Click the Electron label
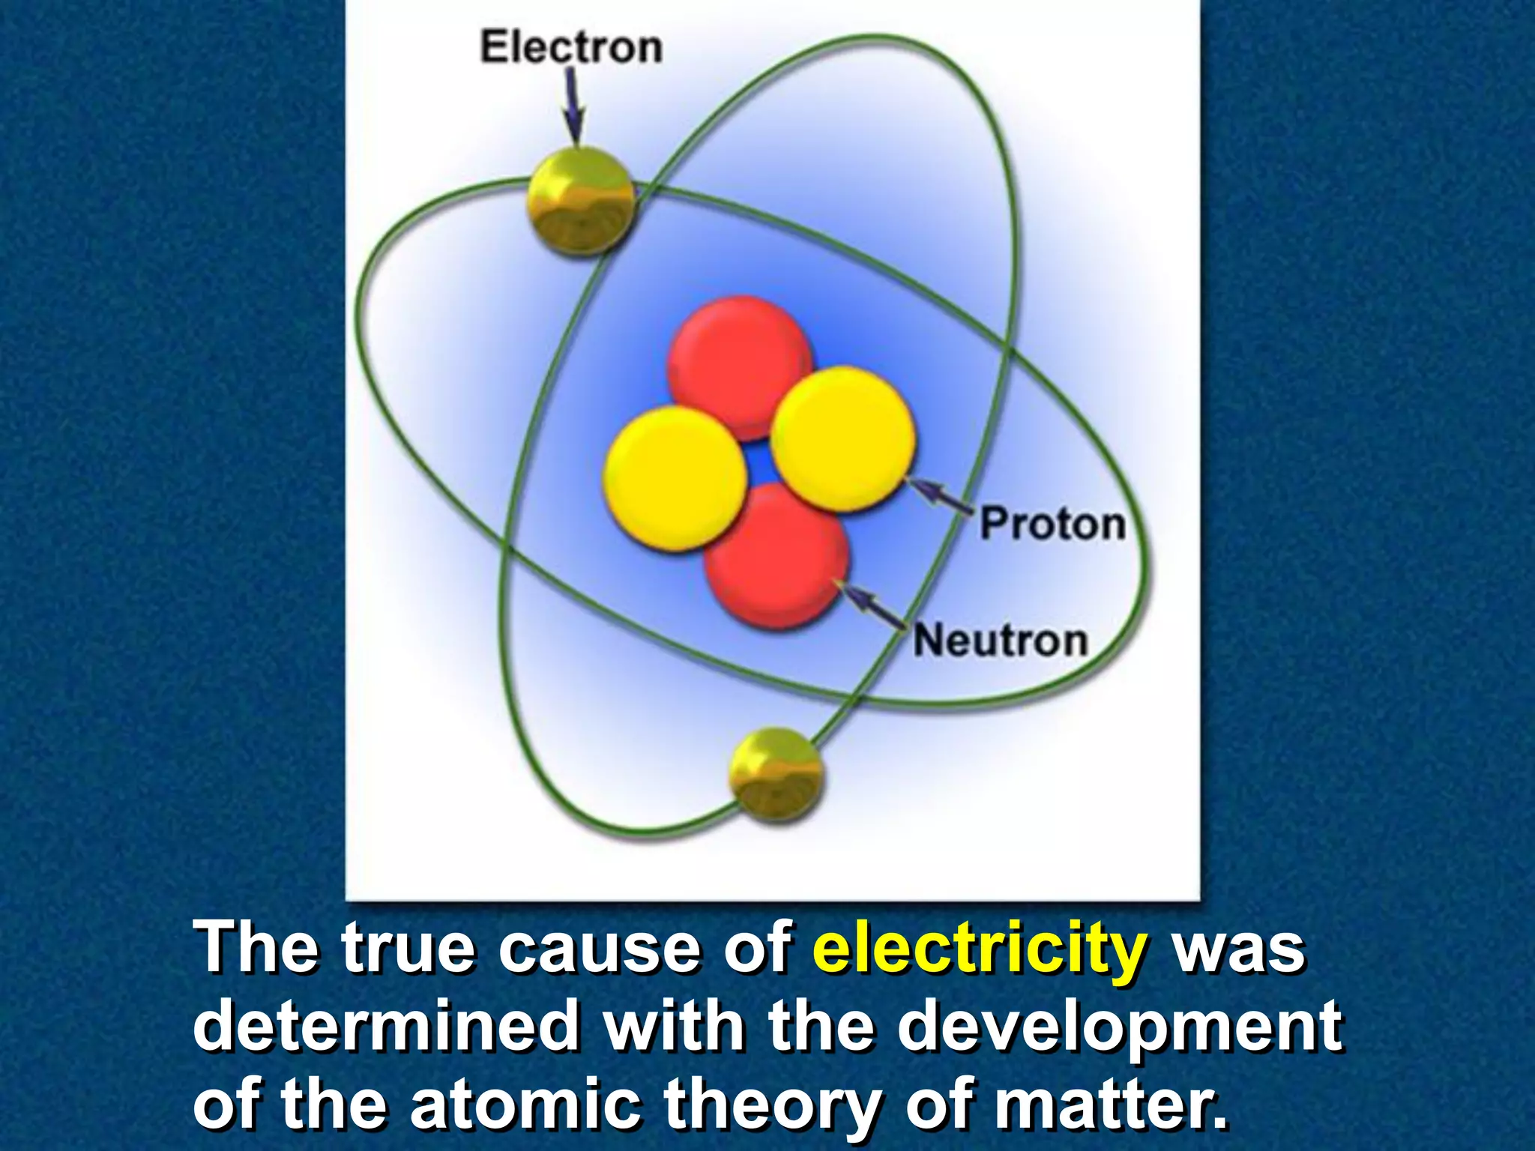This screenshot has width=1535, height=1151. (571, 47)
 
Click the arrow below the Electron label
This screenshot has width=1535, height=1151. (574, 105)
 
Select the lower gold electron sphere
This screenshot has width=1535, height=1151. (776, 776)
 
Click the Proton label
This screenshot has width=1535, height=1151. (1053, 523)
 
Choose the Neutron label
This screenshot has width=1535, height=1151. (1001, 641)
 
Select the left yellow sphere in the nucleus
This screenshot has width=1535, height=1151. (675, 480)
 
